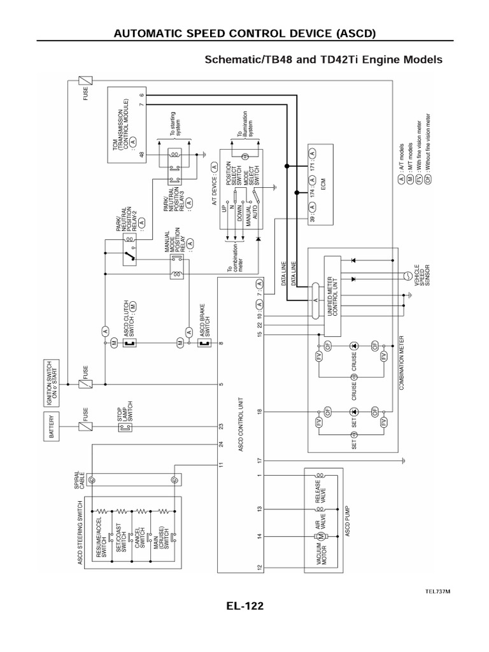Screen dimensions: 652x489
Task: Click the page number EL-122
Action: (244, 606)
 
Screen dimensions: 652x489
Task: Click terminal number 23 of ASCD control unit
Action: (222, 426)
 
